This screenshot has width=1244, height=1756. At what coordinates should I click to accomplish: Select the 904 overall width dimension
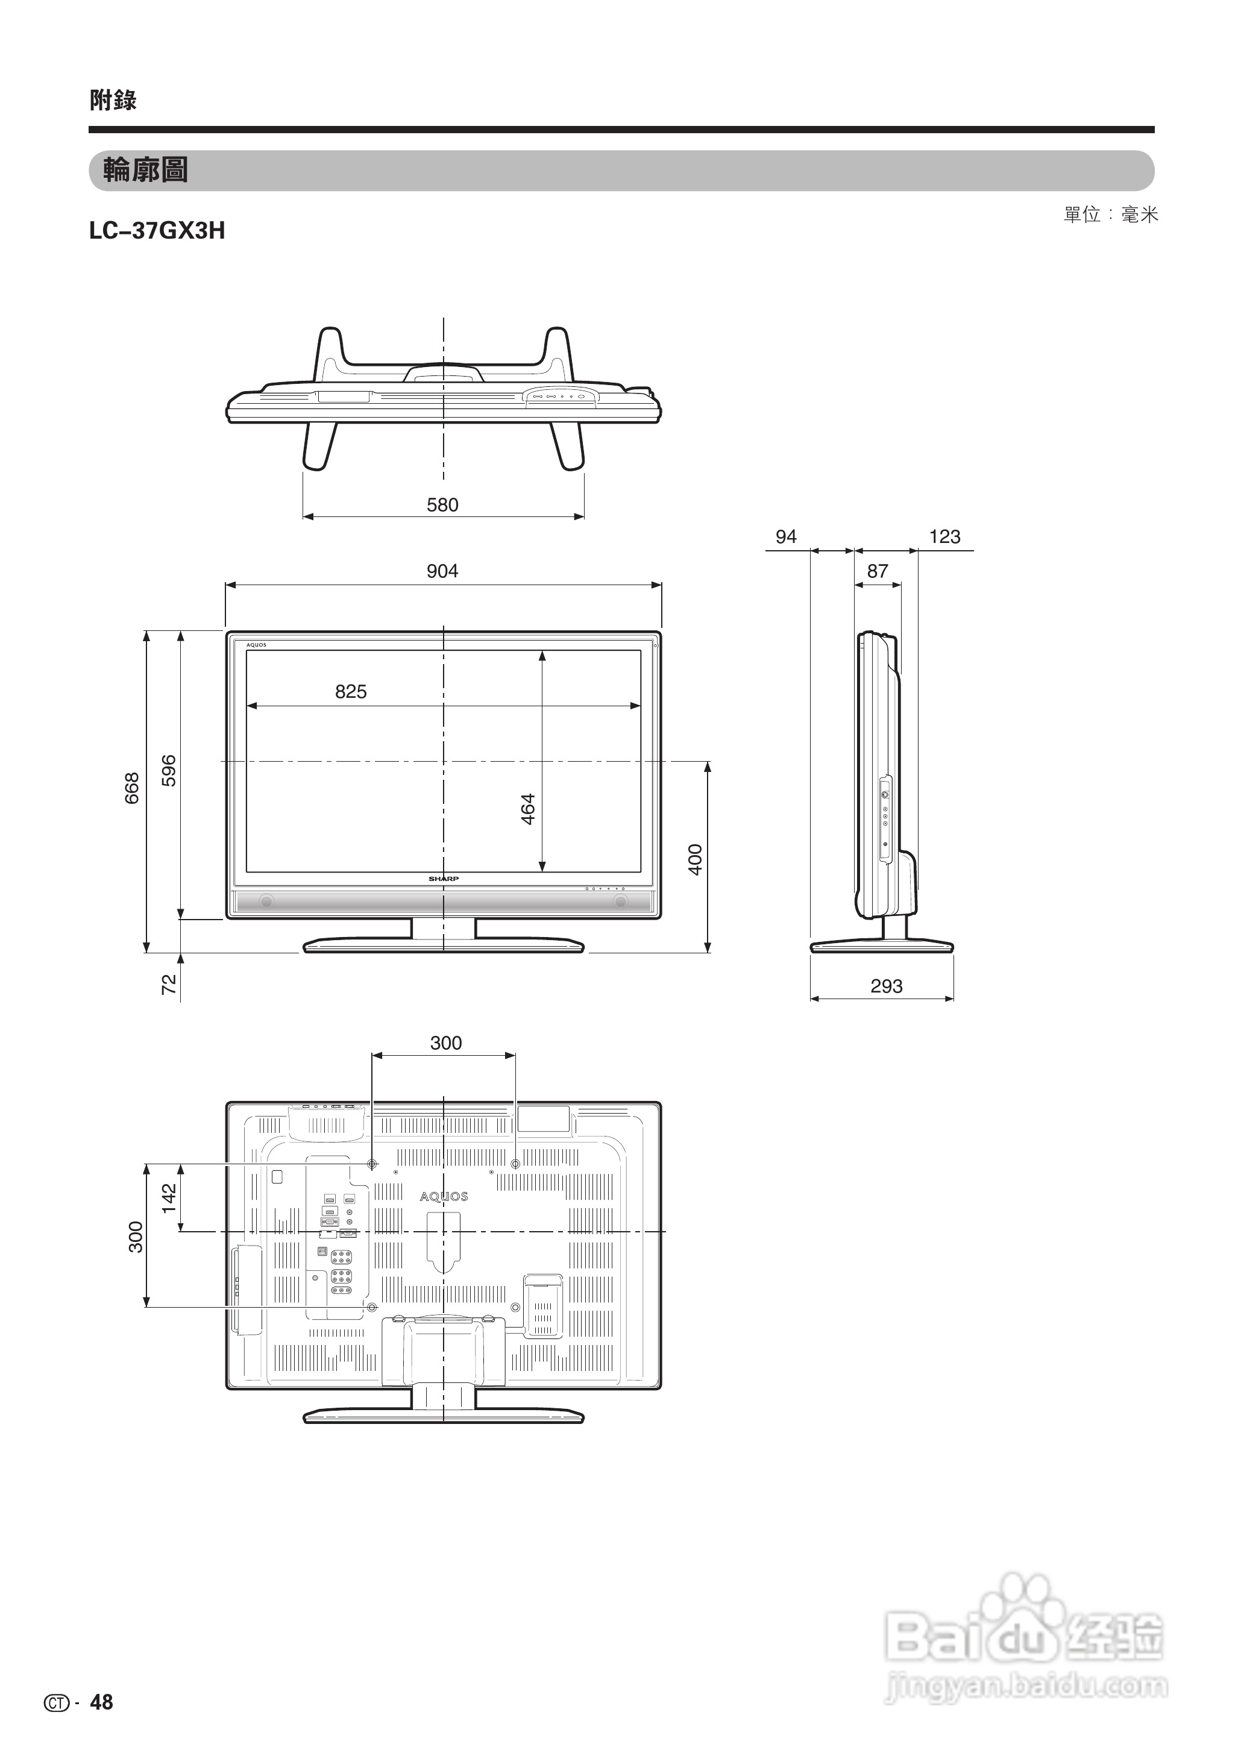coord(443,571)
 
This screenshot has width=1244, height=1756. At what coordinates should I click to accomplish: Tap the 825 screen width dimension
coord(351,692)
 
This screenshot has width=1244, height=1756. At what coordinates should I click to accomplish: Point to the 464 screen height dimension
coord(528,809)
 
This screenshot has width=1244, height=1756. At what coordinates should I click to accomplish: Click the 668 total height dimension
coord(133,788)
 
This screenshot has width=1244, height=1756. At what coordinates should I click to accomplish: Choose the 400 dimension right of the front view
coord(696,859)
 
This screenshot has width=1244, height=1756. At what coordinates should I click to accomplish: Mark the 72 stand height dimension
coord(169,984)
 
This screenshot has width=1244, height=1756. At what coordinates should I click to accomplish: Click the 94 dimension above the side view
coord(786,537)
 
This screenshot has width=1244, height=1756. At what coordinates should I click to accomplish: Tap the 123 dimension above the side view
coord(944,537)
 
